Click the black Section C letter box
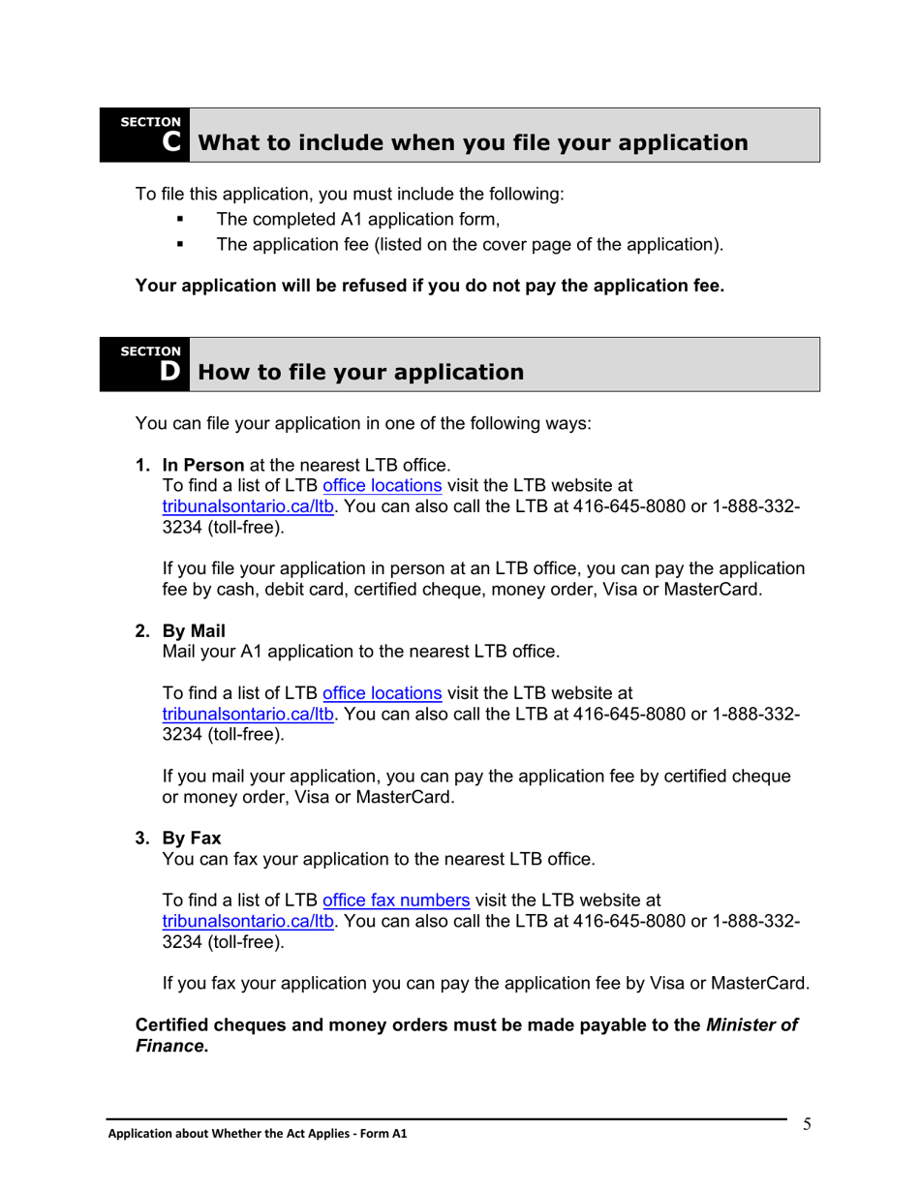(145, 136)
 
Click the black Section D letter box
(145, 365)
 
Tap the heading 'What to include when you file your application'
(473, 143)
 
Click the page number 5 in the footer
(807, 1124)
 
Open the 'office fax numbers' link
(396, 900)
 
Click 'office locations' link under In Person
(383, 485)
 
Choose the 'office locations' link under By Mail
(383, 692)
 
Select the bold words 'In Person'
(203, 465)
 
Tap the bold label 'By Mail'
(194, 631)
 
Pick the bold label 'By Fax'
(192, 838)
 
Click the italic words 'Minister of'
(752, 1024)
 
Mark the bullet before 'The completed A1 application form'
(180, 220)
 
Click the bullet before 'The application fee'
(180, 245)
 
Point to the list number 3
(142, 838)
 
